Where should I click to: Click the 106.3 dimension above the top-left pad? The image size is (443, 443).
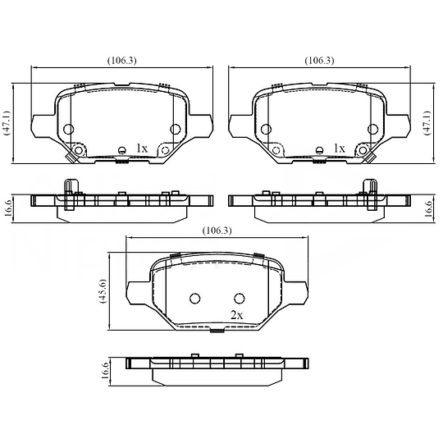[121, 61]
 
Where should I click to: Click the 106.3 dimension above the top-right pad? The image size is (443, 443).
[319, 61]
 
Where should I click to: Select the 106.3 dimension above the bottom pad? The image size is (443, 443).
[217, 231]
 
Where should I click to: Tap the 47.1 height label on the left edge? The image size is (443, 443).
[7, 123]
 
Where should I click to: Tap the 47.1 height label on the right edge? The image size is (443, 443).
[428, 123]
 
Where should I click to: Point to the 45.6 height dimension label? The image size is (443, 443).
[103, 291]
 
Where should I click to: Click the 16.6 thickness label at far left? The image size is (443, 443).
[8, 208]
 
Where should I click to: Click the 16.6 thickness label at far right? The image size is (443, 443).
[428, 209]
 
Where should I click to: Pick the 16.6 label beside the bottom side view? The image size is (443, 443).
[104, 370]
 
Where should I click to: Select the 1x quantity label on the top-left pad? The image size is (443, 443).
[142, 148]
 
